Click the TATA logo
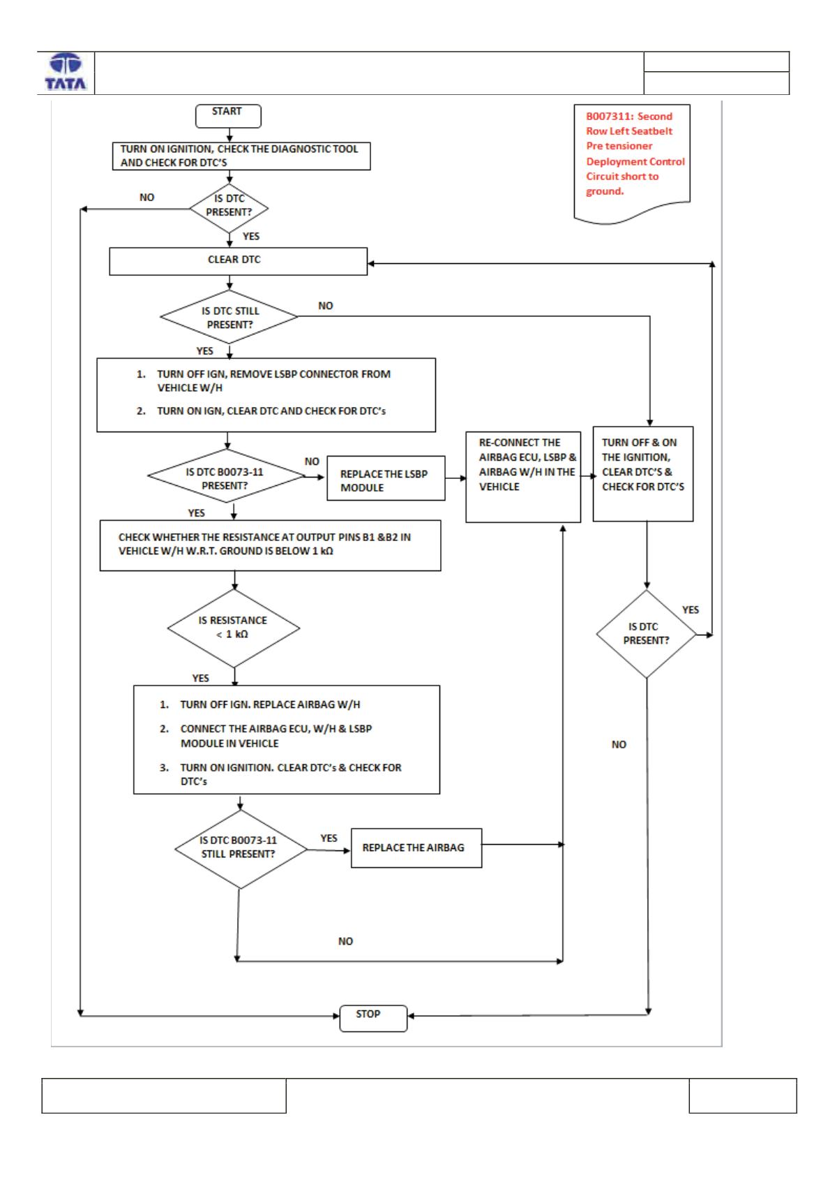coord(66,72)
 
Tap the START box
coord(227,116)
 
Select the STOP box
coord(373,1018)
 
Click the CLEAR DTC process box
coord(238,261)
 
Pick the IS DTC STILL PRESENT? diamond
coord(230,316)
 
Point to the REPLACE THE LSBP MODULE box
coord(385,478)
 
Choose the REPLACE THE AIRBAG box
coord(416,848)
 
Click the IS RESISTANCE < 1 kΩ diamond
coord(234,628)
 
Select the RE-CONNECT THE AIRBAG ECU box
coord(523,477)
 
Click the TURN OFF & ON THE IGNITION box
coord(642,474)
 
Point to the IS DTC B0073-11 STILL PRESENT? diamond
coord(241,849)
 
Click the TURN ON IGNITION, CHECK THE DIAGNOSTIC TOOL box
coord(241,156)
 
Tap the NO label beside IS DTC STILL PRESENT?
coord(325,306)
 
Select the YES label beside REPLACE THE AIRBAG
coord(329,837)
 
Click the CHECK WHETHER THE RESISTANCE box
coord(270,545)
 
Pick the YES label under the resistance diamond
coord(200,677)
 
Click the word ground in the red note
coord(604,191)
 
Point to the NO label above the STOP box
coord(345,941)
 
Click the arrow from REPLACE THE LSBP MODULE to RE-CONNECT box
coord(456,478)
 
